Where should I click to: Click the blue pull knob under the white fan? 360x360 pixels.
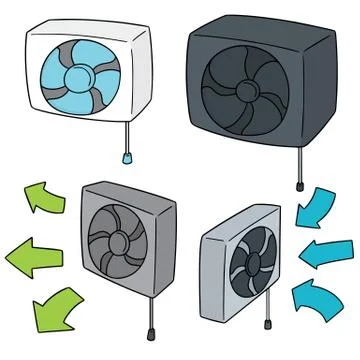[128, 156]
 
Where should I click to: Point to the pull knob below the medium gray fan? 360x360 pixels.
[150, 329]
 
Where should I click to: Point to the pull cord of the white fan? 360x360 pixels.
[128, 135]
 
